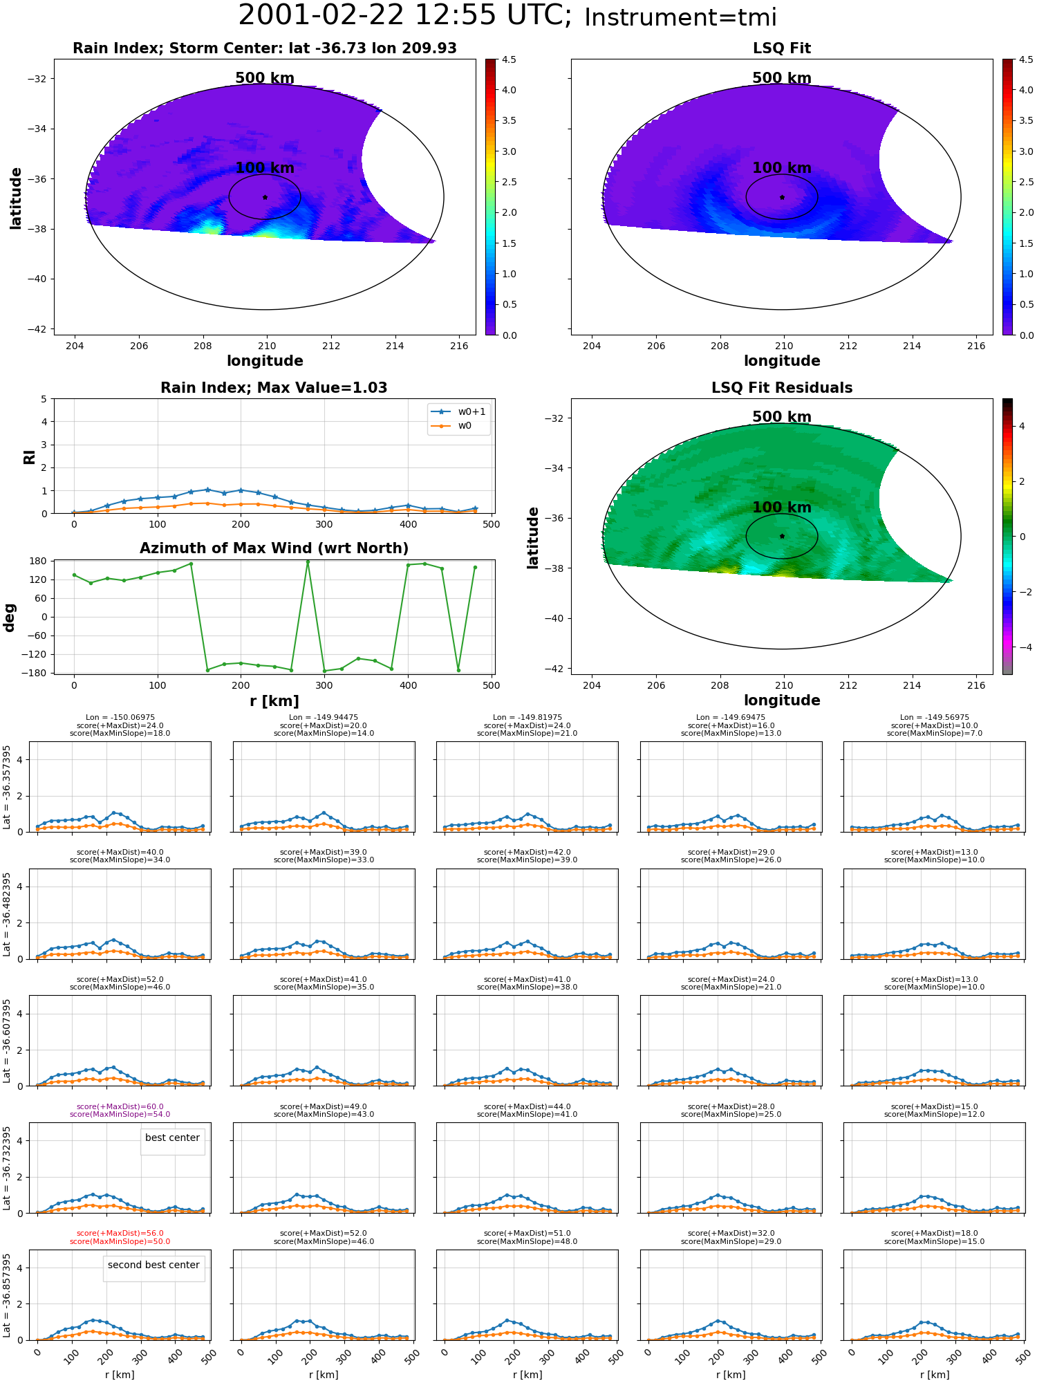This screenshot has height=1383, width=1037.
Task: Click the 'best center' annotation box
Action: [172, 1138]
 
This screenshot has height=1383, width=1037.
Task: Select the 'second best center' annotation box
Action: [153, 1265]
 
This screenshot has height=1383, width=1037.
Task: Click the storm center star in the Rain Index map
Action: [265, 197]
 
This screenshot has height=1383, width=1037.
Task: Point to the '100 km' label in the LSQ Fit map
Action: [782, 168]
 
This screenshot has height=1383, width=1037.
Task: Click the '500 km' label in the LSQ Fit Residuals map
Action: [782, 417]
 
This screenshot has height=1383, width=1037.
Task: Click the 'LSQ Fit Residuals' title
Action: [782, 388]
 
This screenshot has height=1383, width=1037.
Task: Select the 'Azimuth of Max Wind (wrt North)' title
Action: [274, 548]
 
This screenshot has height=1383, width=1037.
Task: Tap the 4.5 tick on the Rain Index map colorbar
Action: [509, 59]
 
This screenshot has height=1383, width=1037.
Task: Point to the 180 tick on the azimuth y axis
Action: [39, 561]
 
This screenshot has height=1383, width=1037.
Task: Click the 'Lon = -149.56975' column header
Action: [935, 717]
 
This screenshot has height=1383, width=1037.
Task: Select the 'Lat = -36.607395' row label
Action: [7, 1041]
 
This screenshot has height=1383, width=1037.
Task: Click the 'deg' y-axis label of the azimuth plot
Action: [10, 618]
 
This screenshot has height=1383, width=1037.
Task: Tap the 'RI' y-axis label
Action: [29, 457]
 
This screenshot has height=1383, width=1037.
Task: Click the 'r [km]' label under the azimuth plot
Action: [274, 701]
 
